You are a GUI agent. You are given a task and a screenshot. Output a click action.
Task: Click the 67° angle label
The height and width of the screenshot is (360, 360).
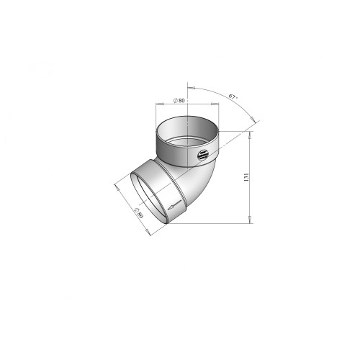pos(233,96)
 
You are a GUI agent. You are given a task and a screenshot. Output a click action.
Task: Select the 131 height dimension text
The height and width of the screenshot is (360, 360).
pos(246,177)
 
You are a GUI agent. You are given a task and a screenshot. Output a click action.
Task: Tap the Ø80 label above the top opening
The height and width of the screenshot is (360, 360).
pos(179,100)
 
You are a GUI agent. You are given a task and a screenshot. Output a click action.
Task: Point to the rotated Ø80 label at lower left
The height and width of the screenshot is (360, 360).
pos(139,212)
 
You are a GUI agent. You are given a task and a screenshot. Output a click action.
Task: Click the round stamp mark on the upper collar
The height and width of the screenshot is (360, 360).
pos(203,155)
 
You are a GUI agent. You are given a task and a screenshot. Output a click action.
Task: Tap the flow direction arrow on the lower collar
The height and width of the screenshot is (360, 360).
pos(174,205)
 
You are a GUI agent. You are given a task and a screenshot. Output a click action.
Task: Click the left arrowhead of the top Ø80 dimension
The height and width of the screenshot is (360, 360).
pos(160,104)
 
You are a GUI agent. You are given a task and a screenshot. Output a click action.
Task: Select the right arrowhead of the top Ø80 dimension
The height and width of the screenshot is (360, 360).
pos(215,104)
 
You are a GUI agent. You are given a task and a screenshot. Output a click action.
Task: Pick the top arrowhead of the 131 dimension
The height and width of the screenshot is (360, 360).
pos(250,135)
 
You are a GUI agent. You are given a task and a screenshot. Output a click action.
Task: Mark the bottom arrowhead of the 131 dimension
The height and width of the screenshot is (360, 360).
pos(250,220)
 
